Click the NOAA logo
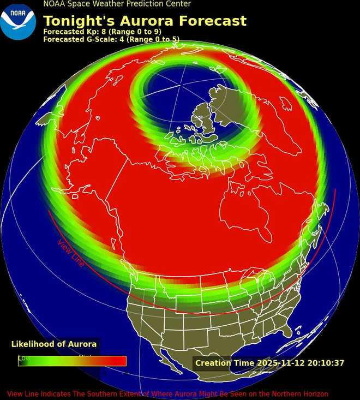click(18, 22)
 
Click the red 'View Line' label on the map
click(71, 253)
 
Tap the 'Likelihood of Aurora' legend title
click(54, 344)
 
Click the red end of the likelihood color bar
click(119, 361)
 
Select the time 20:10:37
click(326, 363)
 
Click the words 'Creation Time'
click(224, 363)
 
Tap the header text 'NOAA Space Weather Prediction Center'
click(117, 4)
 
